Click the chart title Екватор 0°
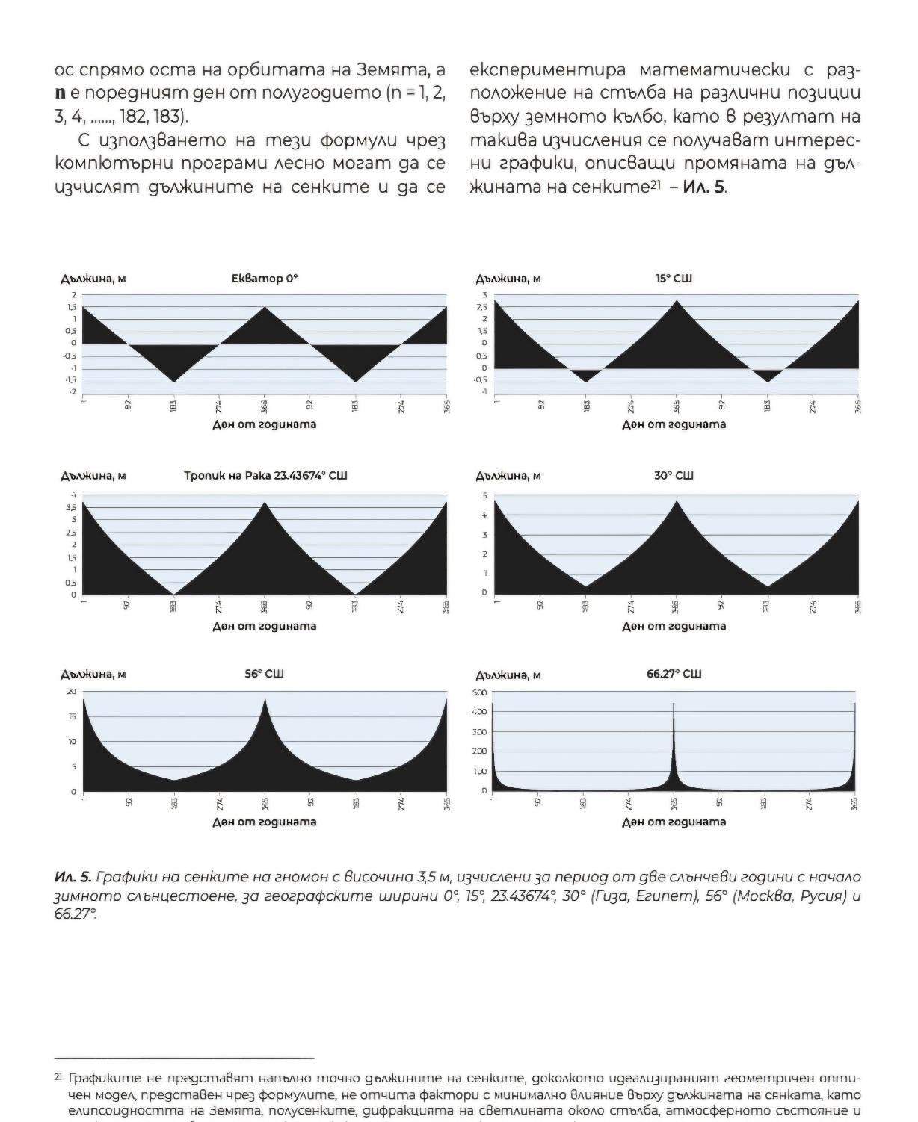265,279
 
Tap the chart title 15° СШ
674,279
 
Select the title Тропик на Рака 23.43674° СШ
265,476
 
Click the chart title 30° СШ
674,476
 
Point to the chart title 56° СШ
264,674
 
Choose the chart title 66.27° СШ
674,674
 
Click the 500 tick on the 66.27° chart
479,692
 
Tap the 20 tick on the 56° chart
72,692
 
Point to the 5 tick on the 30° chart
484,496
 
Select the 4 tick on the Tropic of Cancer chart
73,495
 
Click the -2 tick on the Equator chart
73,392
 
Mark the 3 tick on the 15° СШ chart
484,295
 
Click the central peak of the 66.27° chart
674,705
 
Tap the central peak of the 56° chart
265,701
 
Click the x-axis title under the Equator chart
265,424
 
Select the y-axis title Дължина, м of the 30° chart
508,476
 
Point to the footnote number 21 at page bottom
58,1078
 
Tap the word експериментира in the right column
548,70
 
